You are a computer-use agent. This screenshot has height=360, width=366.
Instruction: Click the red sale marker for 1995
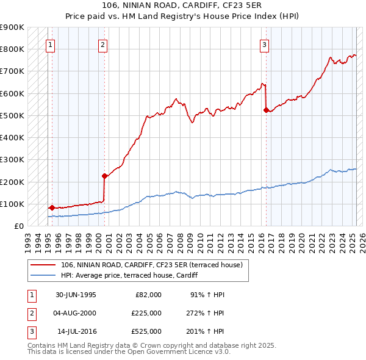(x=52, y=207)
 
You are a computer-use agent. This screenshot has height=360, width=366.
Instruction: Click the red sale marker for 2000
(x=104, y=176)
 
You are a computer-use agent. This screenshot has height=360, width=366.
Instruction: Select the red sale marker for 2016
(x=265, y=110)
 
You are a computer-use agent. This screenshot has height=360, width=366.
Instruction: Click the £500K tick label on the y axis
(x=12, y=115)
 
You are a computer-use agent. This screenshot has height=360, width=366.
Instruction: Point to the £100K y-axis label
(x=12, y=204)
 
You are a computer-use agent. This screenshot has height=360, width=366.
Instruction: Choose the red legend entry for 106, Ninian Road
(x=152, y=265)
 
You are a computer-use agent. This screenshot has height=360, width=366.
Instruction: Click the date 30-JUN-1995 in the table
(x=76, y=295)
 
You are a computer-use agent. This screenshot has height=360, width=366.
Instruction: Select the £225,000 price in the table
(x=146, y=313)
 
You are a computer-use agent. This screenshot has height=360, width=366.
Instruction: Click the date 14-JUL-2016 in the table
(x=76, y=331)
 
